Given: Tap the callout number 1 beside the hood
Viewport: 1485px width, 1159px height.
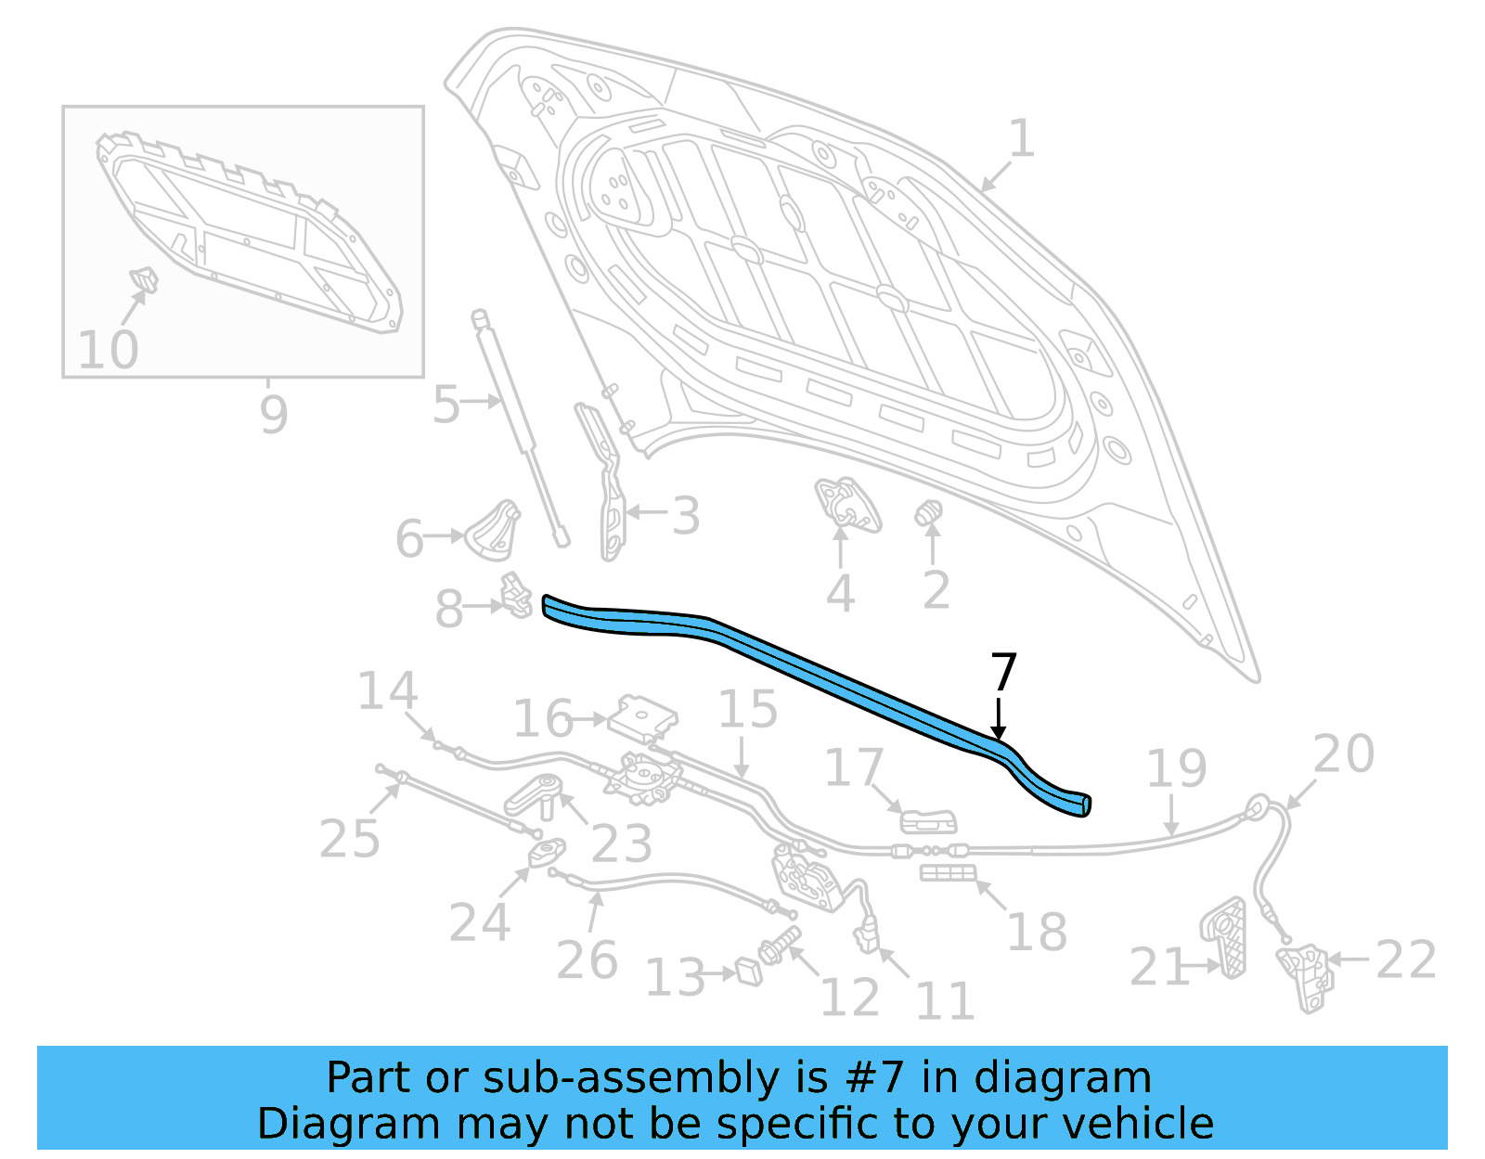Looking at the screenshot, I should click(1021, 139).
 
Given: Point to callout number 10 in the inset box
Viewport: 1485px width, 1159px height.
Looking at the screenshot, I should click(108, 350).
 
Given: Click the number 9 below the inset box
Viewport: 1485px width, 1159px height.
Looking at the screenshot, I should click(273, 414).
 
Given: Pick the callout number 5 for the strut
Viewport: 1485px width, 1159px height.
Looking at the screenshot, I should click(445, 405).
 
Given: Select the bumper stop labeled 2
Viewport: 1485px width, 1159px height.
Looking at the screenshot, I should click(929, 512).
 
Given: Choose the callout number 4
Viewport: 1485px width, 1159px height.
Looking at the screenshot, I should click(840, 594).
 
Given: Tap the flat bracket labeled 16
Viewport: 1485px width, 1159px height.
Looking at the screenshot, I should click(642, 716).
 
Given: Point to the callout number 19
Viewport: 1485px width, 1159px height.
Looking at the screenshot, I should click(1176, 768).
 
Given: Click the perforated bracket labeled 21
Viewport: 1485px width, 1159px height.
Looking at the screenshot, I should click(1225, 937).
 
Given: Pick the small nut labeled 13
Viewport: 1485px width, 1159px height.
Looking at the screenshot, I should click(749, 972).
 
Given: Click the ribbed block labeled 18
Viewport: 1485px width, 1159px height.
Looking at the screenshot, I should click(948, 872).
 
